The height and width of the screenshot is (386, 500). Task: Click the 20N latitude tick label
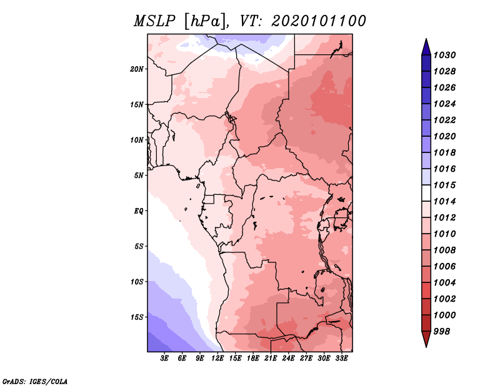coord(137,69)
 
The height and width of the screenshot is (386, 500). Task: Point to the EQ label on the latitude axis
coord(139,211)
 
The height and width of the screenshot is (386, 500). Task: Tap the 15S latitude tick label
coord(137,317)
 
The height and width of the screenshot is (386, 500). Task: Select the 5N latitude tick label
coord(139,176)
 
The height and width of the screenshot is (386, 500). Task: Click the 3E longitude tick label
coord(164,359)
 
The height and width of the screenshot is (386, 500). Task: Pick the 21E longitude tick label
coord(271,359)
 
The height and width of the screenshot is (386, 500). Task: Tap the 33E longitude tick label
coord(341,359)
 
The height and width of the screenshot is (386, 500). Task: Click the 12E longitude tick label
coord(217,359)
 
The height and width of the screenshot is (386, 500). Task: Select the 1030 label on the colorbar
coord(444,55)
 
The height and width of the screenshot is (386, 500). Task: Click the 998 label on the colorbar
coord(442,332)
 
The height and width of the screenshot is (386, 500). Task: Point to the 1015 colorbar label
coord(444,185)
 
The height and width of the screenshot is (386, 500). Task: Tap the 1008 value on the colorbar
coord(444,250)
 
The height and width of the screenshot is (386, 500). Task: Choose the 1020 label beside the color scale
coord(444,136)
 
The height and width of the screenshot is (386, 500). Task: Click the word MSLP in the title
coord(154,21)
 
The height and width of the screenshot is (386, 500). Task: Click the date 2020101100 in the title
coord(319,21)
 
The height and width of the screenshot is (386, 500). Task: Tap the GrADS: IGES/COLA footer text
coord(35,382)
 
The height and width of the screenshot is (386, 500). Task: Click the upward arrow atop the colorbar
coord(426,47)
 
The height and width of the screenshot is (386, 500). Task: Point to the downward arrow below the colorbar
coord(426,339)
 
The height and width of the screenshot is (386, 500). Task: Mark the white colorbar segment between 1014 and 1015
coord(426,193)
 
